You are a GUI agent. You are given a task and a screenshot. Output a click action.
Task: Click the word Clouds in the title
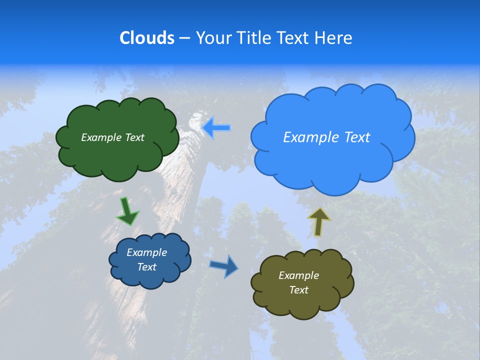tap(147, 38)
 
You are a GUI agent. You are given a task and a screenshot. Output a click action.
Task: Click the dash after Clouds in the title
tap(184, 38)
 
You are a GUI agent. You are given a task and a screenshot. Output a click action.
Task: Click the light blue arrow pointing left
tap(216, 128)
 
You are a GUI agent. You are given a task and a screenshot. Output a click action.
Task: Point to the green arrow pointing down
tap(127, 211)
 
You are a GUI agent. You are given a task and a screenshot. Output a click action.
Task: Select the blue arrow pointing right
tap(224, 265)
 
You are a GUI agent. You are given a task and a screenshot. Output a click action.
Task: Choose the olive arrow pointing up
tap(318, 221)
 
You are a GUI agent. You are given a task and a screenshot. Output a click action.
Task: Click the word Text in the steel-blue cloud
tap(146, 267)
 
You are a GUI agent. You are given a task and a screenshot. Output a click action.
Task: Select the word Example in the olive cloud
tap(298, 275)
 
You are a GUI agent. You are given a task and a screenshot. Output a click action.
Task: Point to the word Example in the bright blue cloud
tap(308, 137)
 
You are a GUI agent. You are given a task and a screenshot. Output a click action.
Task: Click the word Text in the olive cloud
tap(298, 290)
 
